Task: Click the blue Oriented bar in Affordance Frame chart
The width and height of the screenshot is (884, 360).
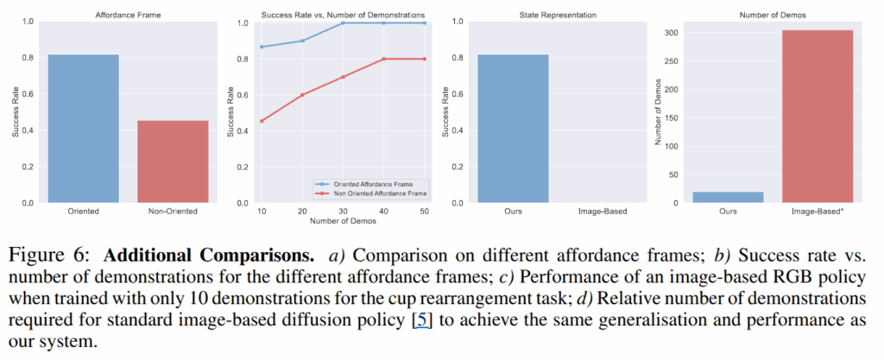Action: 84,129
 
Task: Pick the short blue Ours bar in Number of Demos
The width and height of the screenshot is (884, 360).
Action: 729,197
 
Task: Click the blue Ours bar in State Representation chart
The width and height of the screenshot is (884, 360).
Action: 513,129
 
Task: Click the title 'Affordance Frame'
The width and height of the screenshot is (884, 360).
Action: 128,15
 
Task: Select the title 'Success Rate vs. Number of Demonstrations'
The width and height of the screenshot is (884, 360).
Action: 343,15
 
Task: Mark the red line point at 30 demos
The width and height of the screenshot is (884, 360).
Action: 343,77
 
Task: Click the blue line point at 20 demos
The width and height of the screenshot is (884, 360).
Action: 301,41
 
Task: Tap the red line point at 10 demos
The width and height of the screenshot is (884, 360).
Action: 261,121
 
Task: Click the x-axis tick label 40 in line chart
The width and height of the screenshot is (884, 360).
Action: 384,212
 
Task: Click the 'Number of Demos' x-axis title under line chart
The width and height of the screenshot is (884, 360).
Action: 343,222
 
